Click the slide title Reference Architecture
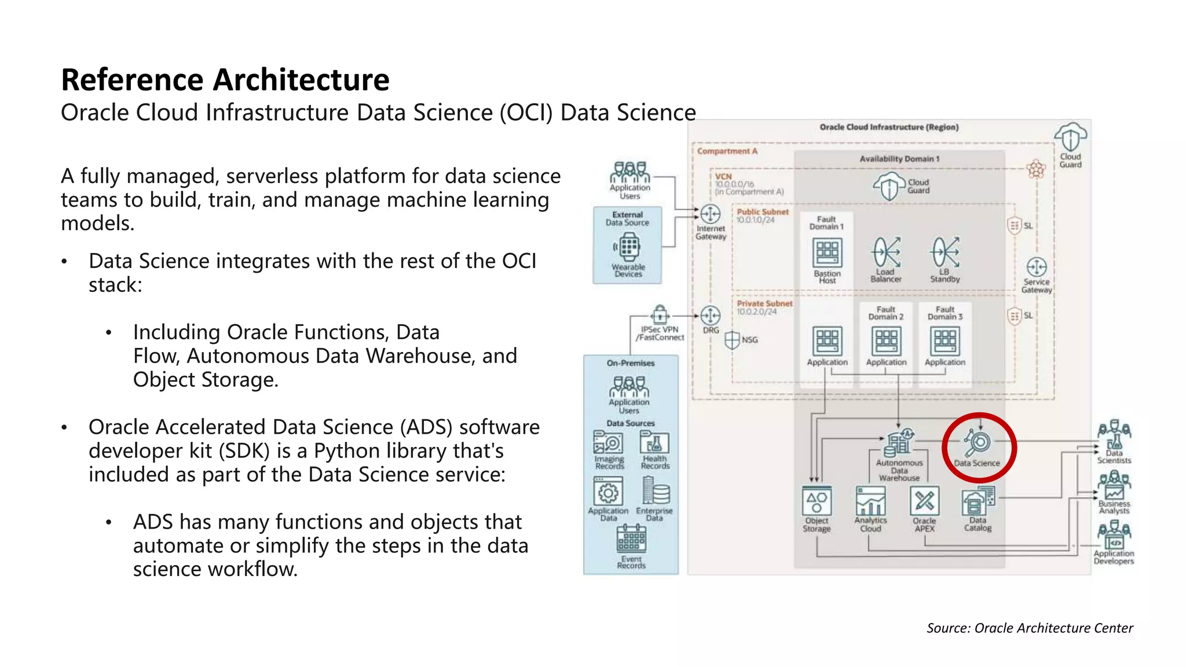pyautogui.click(x=225, y=79)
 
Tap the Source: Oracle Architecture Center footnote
pyautogui.click(x=1029, y=628)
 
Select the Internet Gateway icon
pyautogui.click(x=711, y=214)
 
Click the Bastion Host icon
pyautogui.click(x=827, y=253)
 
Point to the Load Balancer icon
pyautogui.click(x=886, y=252)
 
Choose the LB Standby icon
pyautogui.click(x=945, y=252)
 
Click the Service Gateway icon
pyautogui.click(x=1036, y=267)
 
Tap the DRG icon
pyautogui.click(x=711, y=316)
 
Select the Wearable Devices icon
pyautogui.click(x=629, y=247)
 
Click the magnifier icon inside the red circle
pyautogui.click(x=978, y=442)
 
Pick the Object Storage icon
pyautogui.click(x=817, y=501)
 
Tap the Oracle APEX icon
pyautogui.click(x=924, y=501)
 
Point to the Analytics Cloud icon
pyautogui.click(x=870, y=501)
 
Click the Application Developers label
pyautogui.click(x=1114, y=557)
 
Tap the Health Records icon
pyautogui.click(x=654, y=443)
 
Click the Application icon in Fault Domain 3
pyautogui.click(x=945, y=341)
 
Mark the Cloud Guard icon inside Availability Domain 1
pyautogui.click(x=889, y=186)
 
